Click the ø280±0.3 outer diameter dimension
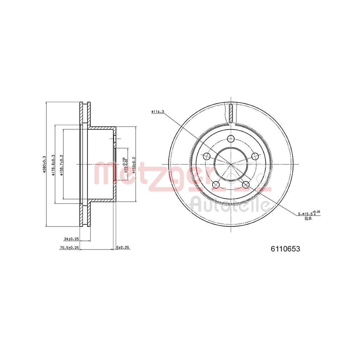45,164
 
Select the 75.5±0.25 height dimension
69,248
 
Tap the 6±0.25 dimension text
123,248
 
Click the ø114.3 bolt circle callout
157,112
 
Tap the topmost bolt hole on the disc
231,139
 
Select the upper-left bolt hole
207,156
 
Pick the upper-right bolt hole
255,156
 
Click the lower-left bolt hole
216,185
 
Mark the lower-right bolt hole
246,185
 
